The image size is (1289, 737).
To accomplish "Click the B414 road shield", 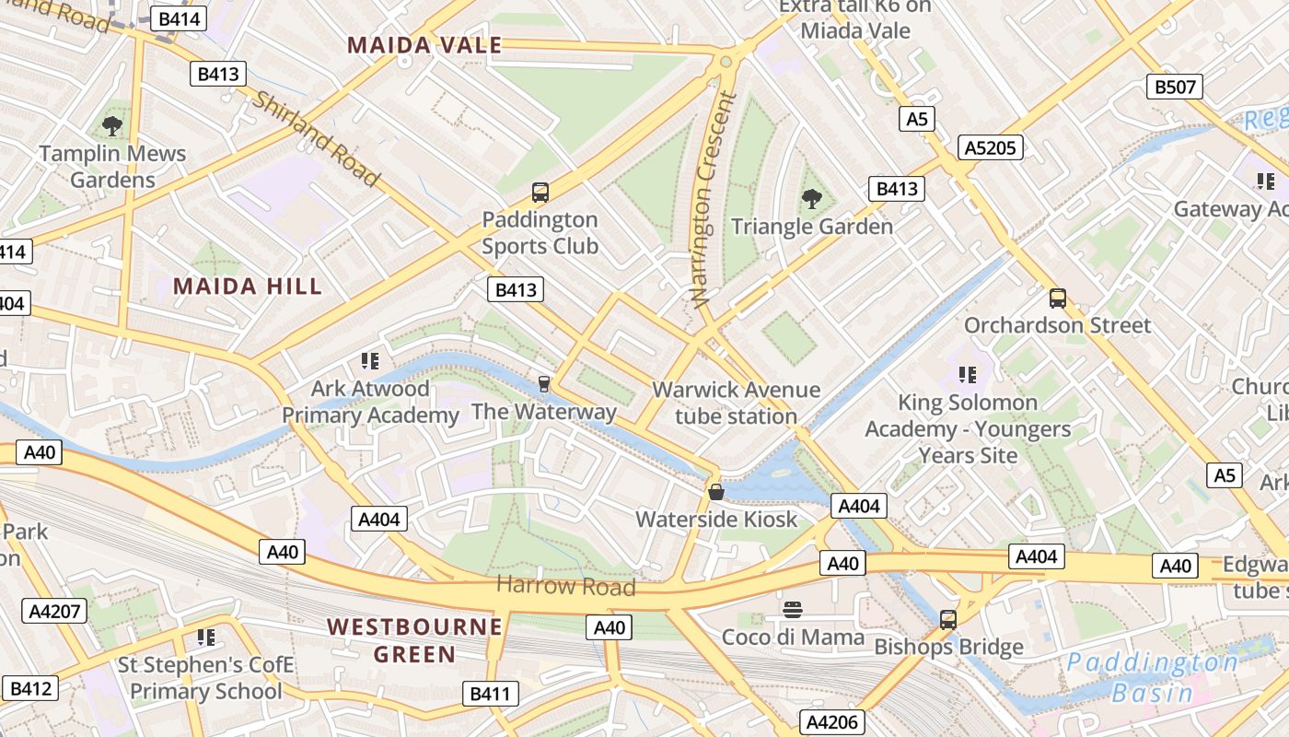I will click(x=180, y=18).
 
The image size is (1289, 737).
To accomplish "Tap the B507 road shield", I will click(x=1175, y=88).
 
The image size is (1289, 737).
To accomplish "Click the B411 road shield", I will click(x=489, y=694).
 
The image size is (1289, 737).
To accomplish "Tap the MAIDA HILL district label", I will click(x=248, y=287).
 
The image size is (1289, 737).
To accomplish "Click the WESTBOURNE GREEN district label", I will click(x=414, y=640).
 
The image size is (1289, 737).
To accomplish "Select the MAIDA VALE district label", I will click(x=424, y=45).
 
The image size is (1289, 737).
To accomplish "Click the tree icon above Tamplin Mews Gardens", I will click(x=112, y=126).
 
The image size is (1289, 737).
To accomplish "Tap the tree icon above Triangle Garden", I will click(x=811, y=198).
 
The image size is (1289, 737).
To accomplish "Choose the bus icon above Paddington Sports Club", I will click(x=540, y=193).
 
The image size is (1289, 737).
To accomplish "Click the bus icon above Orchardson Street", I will click(x=1058, y=298).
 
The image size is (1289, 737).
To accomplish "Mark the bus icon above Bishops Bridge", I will click(x=948, y=620).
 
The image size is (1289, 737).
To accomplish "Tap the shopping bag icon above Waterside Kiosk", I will click(x=716, y=492).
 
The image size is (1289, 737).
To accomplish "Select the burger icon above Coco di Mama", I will click(x=793, y=610).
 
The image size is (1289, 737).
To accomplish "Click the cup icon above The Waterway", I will click(x=544, y=383).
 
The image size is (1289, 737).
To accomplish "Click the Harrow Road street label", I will click(x=565, y=585).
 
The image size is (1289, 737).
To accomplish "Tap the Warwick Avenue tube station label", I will click(x=736, y=403).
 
